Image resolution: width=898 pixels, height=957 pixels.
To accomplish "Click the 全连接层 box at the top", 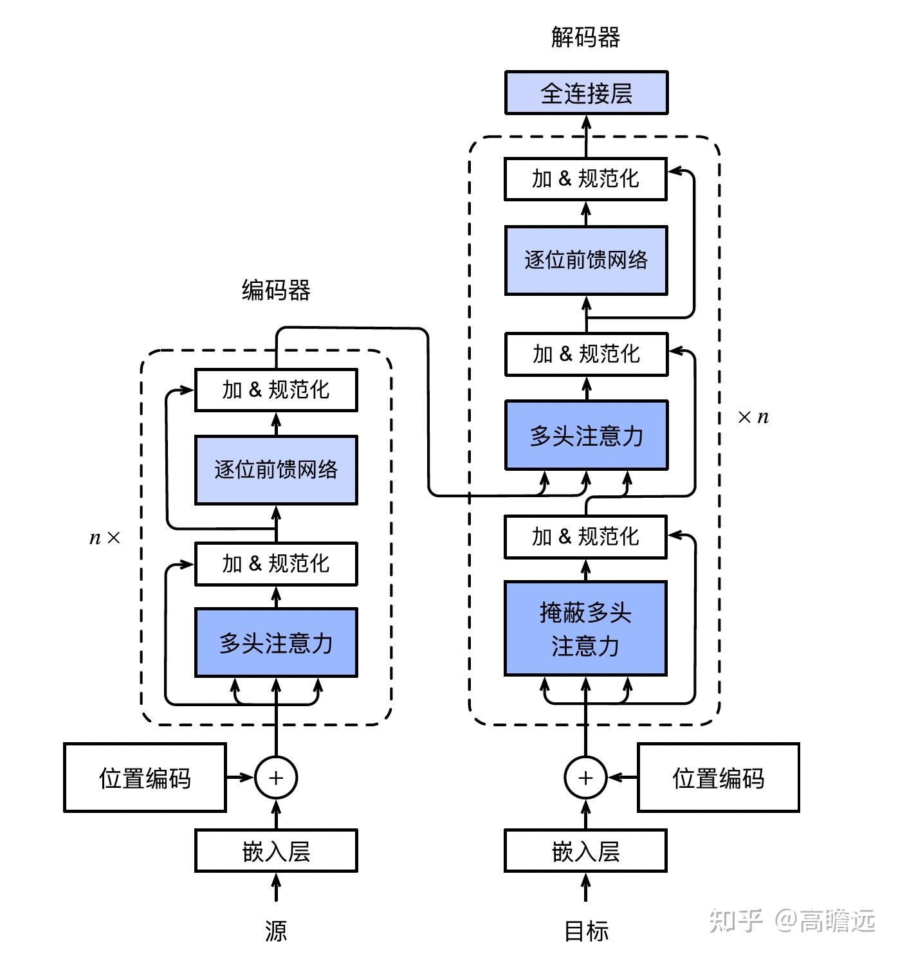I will tap(586, 93).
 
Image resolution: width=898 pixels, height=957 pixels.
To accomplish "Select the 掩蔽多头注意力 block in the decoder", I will tap(585, 628).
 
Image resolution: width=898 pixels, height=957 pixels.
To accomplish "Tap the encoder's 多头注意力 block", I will tap(276, 643).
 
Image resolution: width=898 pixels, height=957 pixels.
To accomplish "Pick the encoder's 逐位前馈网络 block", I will tap(276, 469).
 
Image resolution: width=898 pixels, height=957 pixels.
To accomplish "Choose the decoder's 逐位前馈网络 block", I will tap(586, 260).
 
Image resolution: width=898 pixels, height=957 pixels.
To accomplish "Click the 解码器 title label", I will tap(585, 37).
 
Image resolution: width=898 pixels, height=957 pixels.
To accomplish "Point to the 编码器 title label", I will tap(276, 290).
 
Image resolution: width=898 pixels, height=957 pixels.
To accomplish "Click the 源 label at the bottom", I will tap(276, 930).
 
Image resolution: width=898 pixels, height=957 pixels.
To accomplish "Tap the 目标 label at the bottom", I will tap(585, 930).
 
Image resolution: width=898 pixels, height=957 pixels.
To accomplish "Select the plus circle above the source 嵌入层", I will tap(276, 778).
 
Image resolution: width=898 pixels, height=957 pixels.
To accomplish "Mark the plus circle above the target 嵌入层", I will tap(585, 778).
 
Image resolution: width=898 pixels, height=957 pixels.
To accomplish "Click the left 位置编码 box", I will tap(145, 778).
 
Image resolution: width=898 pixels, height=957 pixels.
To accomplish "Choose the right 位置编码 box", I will tap(718, 778).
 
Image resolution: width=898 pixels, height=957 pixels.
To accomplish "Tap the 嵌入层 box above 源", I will tap(276, 851).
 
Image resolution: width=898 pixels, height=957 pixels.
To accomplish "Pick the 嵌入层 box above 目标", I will tap(585, 851).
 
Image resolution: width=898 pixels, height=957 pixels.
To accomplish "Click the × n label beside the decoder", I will tap(753, 417).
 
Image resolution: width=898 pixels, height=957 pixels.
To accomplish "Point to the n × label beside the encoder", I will tap(104, 538).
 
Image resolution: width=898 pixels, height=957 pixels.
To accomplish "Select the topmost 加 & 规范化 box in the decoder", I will tap(585, 178).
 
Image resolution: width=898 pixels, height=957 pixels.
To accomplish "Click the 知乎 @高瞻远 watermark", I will tap(792, 920).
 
